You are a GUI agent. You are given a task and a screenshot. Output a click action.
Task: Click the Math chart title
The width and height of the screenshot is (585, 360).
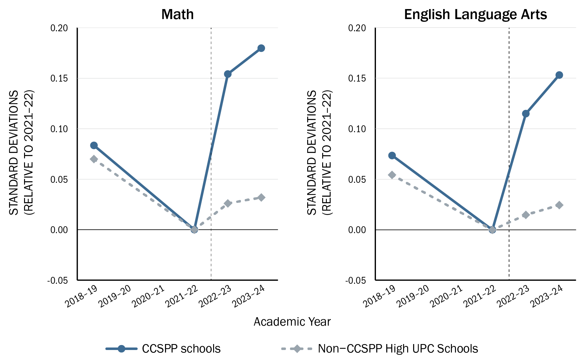(177, 14)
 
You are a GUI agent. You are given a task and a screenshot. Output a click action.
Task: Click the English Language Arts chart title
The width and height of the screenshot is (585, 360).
(475, 14)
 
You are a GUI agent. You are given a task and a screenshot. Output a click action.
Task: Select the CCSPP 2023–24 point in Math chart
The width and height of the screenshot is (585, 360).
(261, 48)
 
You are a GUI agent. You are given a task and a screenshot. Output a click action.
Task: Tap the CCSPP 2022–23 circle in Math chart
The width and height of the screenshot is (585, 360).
(227, 74)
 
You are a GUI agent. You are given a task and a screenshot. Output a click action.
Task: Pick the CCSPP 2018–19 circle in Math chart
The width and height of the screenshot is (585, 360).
(94, 145)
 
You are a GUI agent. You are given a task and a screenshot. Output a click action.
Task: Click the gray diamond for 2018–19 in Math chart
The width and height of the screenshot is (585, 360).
(94, 159)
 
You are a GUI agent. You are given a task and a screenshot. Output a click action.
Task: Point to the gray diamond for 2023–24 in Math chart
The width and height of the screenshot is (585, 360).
(261, 197)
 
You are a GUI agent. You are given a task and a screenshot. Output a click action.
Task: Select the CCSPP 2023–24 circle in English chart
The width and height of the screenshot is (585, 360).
(559, 75)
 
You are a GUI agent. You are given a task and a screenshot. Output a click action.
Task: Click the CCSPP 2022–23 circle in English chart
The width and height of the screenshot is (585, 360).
(526, 113)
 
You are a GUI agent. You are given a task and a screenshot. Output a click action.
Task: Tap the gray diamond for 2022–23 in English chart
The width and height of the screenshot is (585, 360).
(526, 215)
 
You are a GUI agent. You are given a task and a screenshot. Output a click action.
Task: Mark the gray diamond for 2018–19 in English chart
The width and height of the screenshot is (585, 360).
(392, 175)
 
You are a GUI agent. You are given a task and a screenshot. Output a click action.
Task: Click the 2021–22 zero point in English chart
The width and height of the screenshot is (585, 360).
(492, 230)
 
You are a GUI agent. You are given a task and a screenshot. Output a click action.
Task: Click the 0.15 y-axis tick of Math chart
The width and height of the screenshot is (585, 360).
(59, 78)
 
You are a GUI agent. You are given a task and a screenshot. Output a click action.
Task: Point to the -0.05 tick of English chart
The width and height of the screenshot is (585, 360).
(355, 280)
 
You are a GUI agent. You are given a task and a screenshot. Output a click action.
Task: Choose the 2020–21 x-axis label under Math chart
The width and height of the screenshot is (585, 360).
(148, 297)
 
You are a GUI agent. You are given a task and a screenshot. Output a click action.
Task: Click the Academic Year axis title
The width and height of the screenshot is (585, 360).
(292, 322)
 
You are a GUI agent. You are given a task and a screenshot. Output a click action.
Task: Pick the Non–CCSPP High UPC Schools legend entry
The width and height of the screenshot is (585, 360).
(397, 348)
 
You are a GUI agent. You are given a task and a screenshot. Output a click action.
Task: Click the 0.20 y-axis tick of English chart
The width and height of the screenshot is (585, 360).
(357, 28)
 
